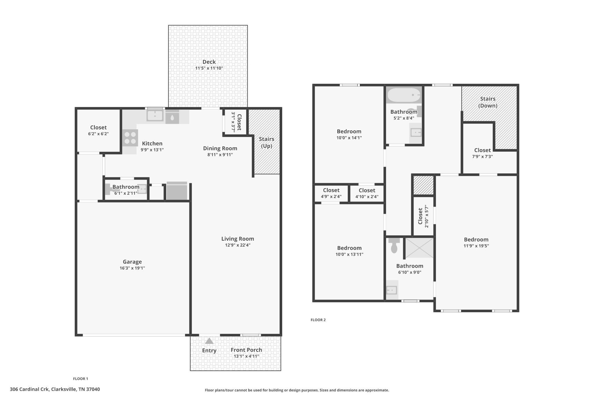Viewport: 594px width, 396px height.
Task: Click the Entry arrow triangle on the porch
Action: (209, 341)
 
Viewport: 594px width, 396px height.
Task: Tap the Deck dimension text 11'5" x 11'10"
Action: (209, 68)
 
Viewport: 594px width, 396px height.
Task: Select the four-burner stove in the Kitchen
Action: (130, 138)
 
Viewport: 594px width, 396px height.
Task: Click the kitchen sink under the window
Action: (155, 115)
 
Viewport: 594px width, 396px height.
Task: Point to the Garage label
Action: (132, 262)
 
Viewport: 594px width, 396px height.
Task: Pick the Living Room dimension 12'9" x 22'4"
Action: (238, 245)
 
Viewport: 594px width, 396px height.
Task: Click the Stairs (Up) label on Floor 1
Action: (266, 142)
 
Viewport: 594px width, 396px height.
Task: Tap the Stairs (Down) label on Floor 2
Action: (488, 102)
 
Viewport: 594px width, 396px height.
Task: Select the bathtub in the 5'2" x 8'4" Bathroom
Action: (403, 95)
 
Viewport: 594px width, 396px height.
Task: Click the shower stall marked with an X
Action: (419, 247)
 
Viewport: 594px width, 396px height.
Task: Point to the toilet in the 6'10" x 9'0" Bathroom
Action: (394, 246)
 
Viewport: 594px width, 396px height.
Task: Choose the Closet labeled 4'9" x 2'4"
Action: (331, 193)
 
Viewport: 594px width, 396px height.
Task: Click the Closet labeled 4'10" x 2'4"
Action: (367, 193)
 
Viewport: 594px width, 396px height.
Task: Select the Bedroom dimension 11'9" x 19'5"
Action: (476, 246)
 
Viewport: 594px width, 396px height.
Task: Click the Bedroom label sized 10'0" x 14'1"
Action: (349, 131)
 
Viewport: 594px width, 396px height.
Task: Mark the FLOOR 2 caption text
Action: (318, 320)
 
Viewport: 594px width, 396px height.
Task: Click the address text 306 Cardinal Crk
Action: (55, 389)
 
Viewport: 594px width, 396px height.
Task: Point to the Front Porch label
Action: (246, 350)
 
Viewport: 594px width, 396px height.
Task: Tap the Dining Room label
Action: (220, 148)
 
